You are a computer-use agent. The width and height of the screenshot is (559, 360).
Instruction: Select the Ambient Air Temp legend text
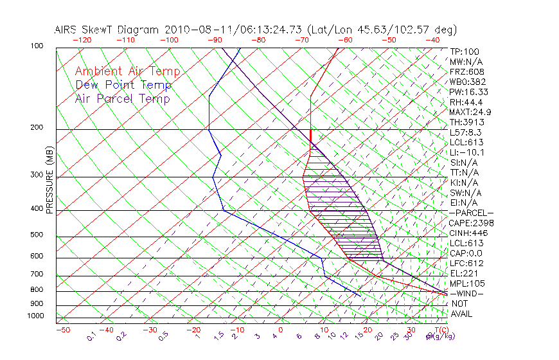(127, 71)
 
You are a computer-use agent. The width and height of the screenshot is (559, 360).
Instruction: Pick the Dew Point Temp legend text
(123, 85)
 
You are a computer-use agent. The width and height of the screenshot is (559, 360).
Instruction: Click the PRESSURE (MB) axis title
(49, 180)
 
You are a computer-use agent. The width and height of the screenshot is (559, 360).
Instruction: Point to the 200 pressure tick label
(37, 128)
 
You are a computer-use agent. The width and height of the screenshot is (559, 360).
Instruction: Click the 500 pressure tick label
(37, 235)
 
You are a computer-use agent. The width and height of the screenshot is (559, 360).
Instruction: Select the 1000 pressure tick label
(35, 316)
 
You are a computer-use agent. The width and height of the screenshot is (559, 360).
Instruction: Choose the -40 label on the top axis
(432, 40)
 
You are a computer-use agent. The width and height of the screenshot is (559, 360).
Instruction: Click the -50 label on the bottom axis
(62, 330)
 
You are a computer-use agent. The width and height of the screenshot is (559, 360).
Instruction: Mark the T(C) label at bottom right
(438, 330)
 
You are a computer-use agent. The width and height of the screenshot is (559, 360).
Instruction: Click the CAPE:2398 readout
(471, 223)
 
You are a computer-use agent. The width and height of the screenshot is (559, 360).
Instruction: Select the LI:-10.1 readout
(467, 152)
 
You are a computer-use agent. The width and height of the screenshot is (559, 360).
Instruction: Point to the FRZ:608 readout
(468, 72)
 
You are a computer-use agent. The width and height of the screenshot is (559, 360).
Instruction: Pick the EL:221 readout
(464, 273)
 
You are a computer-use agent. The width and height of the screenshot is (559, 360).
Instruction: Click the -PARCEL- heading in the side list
(471, 213)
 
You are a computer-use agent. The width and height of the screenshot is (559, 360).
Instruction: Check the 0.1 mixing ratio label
(92, 336)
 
